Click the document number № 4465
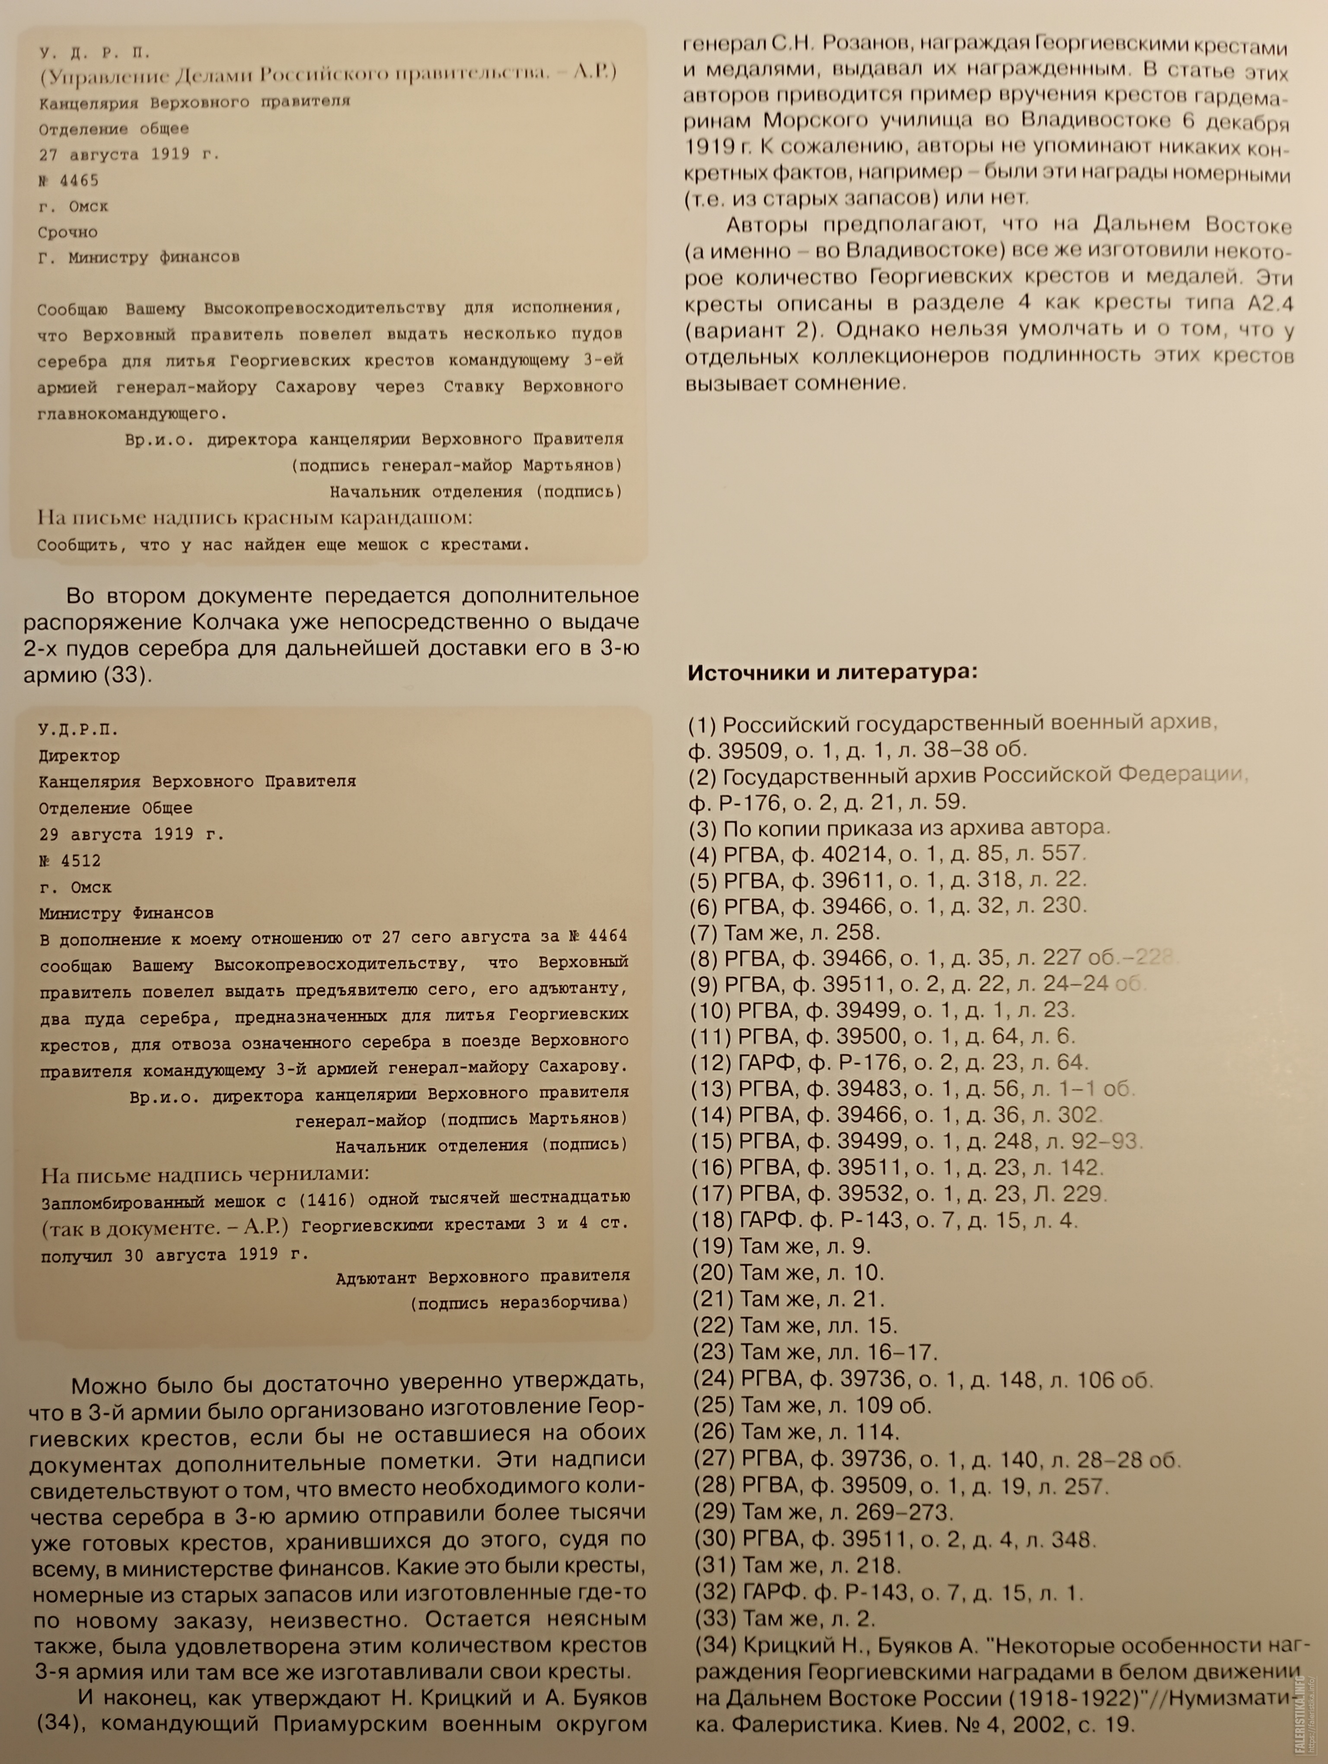click(x=69, y=180)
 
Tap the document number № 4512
click(x=70, y=860)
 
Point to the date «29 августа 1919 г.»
click(x=131, y=834)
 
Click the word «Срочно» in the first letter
click(x=68, y=232)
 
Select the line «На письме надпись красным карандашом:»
click(x=255, y=518)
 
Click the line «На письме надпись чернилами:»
click(x=205, y=1174)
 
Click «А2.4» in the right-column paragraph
click(x=1270, y=304)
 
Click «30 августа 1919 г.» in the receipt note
click(x=215, y=1254)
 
